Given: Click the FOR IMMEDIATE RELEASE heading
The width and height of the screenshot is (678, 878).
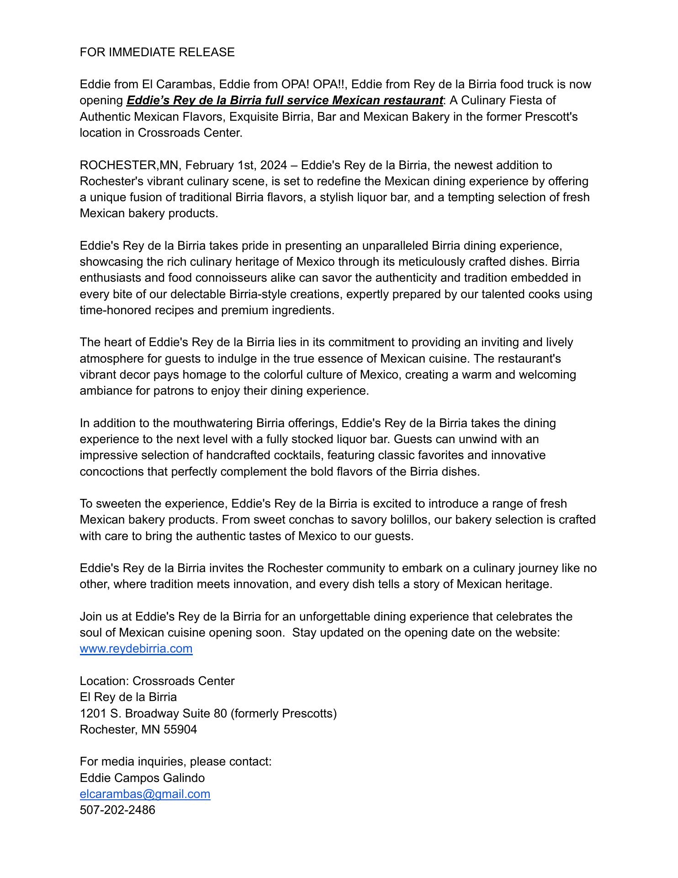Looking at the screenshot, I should (x=157, y=52).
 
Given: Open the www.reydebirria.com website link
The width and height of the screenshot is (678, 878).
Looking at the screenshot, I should (x=136, y=648).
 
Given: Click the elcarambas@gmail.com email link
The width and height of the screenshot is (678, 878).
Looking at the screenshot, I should (x=145, y=794).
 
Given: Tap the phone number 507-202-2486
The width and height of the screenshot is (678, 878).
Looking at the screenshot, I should (x=117, y=810).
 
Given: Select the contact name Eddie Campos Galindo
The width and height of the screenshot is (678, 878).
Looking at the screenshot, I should (x=142, y=778).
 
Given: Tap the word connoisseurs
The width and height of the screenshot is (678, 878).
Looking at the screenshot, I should (x=235, y=278).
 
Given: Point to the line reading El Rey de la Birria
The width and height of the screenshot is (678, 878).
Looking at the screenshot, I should (x=128, y=697).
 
